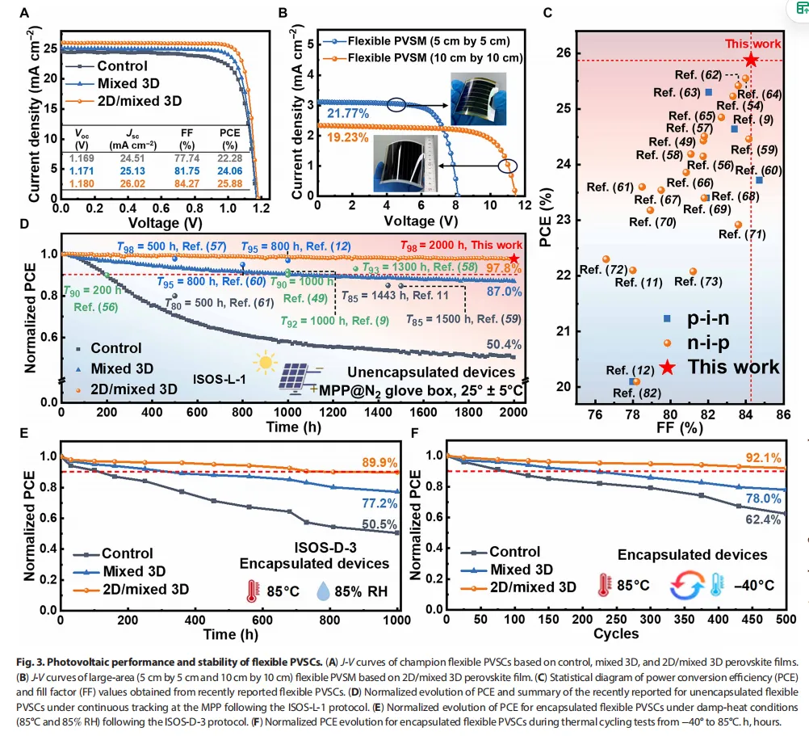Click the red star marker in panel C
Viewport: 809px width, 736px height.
coord(751,59)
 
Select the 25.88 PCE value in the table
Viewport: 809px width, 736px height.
coord(231,183)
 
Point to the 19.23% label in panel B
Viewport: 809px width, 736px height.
coord(344,138)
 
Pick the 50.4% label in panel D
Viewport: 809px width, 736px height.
coord(504,345)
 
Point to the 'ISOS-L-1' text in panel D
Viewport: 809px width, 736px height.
coord(219,377)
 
